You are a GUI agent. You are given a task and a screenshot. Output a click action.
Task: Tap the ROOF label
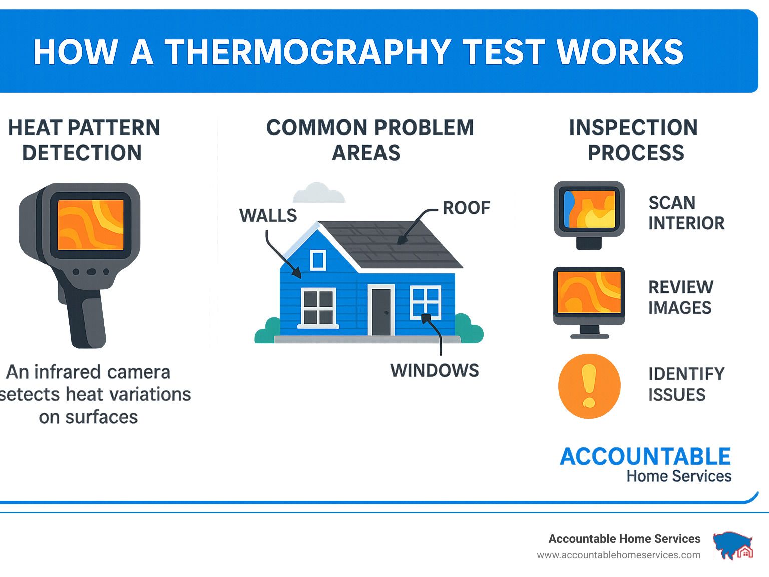pyautogui.click(x=466, y=208)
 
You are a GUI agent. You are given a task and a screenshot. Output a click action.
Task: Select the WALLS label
pyautogui.click(x=268, y=215)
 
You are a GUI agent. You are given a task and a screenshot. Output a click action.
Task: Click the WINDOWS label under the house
pyautogui.click(x=435, y=370)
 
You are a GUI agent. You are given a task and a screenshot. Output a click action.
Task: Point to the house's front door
pyautogui.click(x=381, y=310)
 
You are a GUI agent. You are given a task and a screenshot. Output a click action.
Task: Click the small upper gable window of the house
pyautogui.click(x=318, y=260)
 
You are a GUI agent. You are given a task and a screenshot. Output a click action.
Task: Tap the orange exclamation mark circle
pyautogui.click(x=589, y=386)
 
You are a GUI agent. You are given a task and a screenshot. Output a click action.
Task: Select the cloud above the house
pyautogui.click(x=319, y=193)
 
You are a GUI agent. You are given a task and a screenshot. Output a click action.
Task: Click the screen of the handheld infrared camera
pyautogui.click(x=91, y=225)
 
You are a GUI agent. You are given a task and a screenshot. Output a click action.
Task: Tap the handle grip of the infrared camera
pyautogui.click(x=88, y=318)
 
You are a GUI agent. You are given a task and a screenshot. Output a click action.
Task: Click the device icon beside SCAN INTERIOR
pyautogui.click(x=589, y=215)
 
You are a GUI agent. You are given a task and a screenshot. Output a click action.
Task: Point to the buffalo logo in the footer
pyautogui.click(x=733, y=545)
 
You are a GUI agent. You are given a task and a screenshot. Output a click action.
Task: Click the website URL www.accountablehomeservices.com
pyautogui.click(x=619, y=555)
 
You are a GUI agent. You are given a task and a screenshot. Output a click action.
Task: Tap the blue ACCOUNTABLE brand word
pyautogui.click(x=645, y=456)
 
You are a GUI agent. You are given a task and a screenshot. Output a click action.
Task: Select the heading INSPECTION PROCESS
pyautogui.click(x=634, y=140)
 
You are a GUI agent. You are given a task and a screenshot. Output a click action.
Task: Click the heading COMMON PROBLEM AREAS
pyautogui.click(x=369, y=140)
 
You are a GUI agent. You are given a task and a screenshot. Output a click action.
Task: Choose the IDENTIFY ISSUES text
pyautogui.click(x=686, y=384)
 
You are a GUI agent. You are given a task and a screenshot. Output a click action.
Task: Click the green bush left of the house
pyautogui.click(x=268, y=331)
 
